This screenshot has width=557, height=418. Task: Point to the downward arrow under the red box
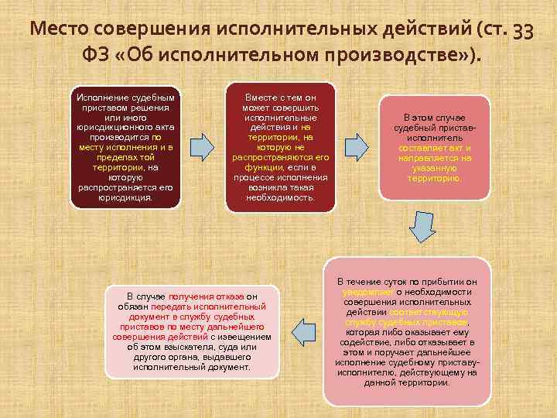click(424, 226)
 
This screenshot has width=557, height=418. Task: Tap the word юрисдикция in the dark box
click(125, 197)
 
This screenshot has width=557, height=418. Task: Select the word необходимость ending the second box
click(281, 197)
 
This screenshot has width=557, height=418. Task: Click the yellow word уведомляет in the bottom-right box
click(367, 292)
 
